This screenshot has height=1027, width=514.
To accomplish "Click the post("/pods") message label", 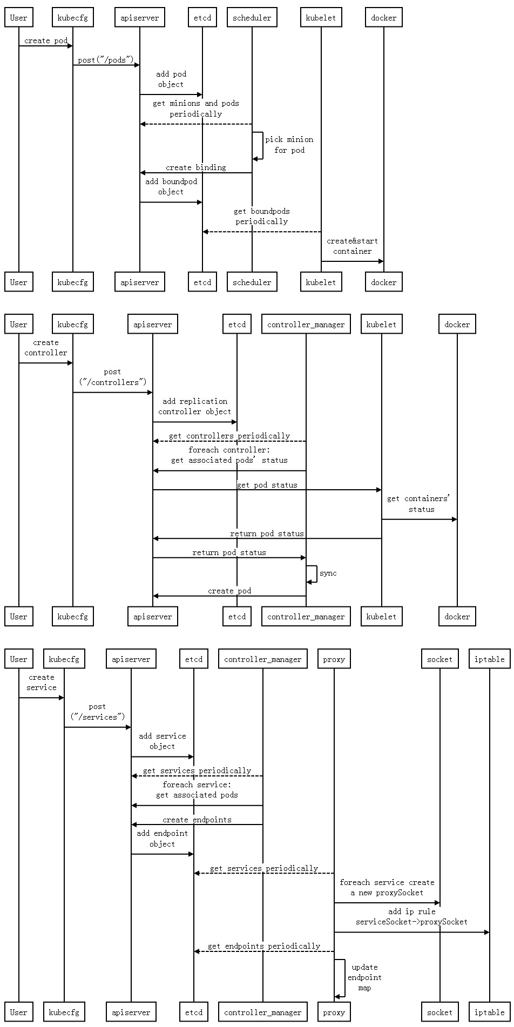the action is tap(105, 60).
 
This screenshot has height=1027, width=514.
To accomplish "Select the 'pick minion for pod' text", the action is tap(289, 145).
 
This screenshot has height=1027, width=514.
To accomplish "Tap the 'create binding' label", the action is tap(196, 167).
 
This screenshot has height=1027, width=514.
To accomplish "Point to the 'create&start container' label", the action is tap(352, 246).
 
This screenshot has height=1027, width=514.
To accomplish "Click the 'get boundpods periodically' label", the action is tap(262, 216).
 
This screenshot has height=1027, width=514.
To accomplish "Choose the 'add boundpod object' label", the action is tap(171, 186).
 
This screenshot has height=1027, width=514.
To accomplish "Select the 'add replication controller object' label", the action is tap(195, 406).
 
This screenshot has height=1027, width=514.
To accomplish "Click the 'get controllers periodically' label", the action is tap(229, 436).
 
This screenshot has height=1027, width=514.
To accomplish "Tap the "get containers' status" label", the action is tap(418, 504).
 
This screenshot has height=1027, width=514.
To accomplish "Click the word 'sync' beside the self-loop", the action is tap(328, 573).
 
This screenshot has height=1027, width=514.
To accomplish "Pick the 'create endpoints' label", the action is tap(197, 820).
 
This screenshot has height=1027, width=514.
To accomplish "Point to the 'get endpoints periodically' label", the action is tap(264, 946).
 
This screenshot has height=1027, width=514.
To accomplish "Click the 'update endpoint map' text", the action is tap(364, 977).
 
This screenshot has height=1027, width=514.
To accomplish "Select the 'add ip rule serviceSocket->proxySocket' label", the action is tap(411, 916).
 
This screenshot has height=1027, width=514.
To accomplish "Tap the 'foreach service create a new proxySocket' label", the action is tap(387, 887).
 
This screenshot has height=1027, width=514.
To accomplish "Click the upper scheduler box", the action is tap(252, 17).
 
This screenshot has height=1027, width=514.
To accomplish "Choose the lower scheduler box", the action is tap(252, 282).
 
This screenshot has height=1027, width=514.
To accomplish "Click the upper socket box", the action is tap(440, 659).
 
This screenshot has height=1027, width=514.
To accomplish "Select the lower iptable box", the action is tap(490, 1012).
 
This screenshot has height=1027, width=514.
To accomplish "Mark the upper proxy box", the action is tap(334, 659).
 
